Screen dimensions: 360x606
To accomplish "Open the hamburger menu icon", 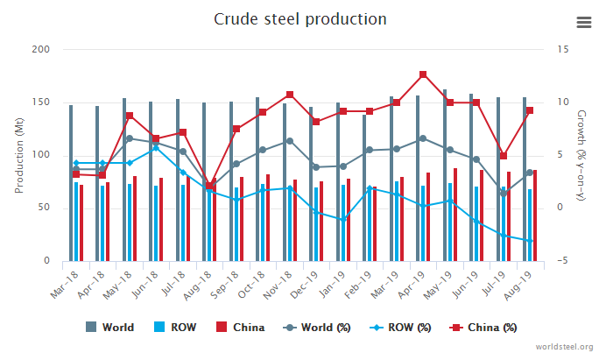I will point(584,23).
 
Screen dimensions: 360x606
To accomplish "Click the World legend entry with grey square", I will point(110,328).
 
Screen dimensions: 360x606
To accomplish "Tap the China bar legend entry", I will point(242,328).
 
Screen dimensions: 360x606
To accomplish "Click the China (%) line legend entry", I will point(484,328).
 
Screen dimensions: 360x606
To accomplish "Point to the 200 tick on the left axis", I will point(40,49).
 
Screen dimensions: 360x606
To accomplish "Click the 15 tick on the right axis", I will point(563,49).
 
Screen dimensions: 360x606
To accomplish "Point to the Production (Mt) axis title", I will point(19,155).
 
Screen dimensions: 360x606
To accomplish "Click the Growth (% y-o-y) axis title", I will point(581,155).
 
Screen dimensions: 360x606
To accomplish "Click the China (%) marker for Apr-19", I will point(423,74).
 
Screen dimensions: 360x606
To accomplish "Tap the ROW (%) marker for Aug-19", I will point(530,241).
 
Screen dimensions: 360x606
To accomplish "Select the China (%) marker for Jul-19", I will point(504,156).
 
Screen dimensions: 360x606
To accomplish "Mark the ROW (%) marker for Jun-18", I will point(156,148).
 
